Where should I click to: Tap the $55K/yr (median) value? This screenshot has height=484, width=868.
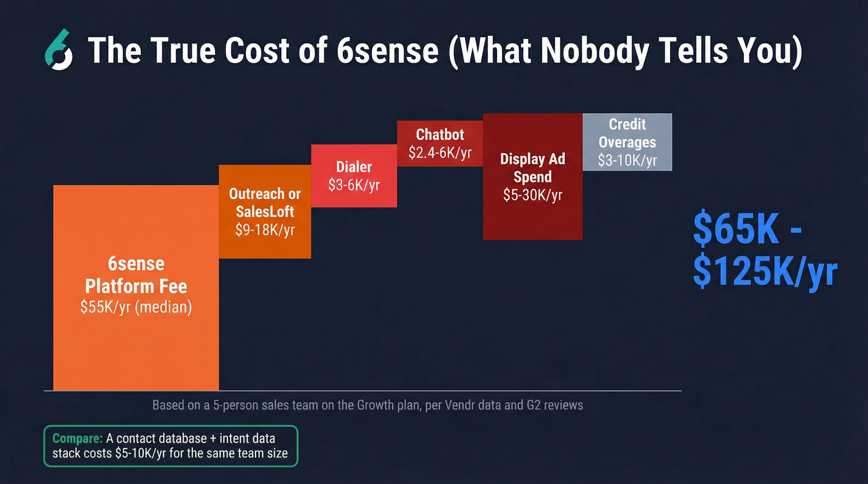[136, 307]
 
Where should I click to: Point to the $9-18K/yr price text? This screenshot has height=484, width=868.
[265, 230]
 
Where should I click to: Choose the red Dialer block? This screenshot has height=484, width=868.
[354, 175]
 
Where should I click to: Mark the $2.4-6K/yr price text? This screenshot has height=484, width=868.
[440, 152]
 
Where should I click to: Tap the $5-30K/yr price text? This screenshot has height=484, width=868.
[533, 195]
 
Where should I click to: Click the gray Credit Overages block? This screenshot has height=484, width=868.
[627, 141]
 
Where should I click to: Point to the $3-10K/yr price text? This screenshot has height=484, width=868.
[627, 161]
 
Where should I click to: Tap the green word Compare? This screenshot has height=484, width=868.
[77, 438]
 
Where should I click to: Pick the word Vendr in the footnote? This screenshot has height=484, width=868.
[448, 405]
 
